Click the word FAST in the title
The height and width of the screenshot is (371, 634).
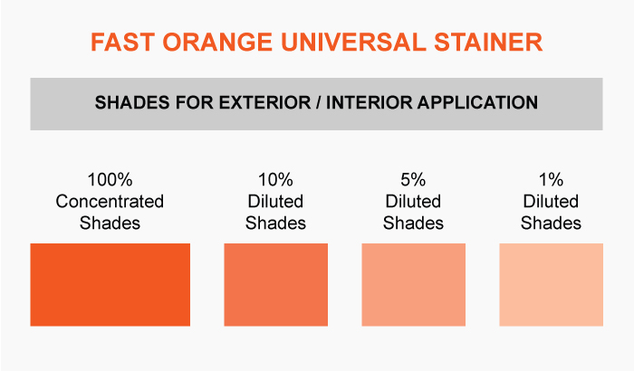pyautogui.click(x=122, y=42)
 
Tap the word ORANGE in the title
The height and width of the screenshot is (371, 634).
pyautogui.click(x=217, y=42)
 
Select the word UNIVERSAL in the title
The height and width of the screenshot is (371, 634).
pyautogui.click(x=353, y=42)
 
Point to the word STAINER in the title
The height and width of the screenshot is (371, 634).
pyautogui.click(x=488, y=42)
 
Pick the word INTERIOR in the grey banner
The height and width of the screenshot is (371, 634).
pyautogui.click(x=370, y=102)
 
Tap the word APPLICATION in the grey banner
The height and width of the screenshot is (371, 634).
pyautogui.click(x=478, y=102)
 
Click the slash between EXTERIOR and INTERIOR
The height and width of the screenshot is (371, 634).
pyautogui.click(x=319, y=102)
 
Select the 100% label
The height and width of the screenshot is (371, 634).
pyautogui.click(x=110, y=180)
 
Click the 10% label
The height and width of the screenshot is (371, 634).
pyautogui.click(x=275, y=180)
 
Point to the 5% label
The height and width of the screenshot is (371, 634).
pyautogui.click(x=413, y=180)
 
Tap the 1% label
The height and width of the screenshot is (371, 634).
pyautogui.click(x=551, y=180)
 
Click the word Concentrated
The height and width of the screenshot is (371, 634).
pyautogui.click(x=110, y=201)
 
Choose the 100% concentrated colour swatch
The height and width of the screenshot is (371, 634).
pyautogui.click(x=110, y=284)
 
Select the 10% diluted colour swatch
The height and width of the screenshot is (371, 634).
pyautogui.click(x=275, y=284)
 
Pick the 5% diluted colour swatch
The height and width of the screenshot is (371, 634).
pyautogui.click(x=413, y=284)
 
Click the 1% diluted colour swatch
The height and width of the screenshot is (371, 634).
pyautogui.click(x=551, y=284)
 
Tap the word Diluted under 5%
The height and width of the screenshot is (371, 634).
pyautogui.click(x=413, y=201)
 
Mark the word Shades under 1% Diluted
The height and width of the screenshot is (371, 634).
pyautogui.click(x=551, y=224)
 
